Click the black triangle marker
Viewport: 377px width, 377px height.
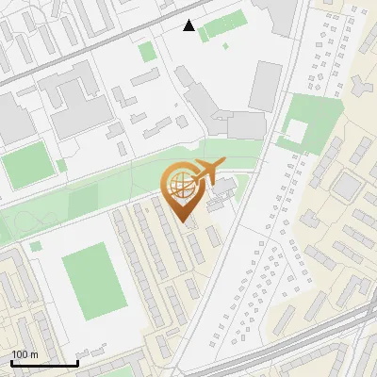tap(189, 25)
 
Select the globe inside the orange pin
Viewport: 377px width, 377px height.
tap(180, 187)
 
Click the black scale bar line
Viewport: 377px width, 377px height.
tap(43, 363)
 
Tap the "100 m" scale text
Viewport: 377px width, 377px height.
tap(25, 354)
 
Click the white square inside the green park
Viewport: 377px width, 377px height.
tap(296, 129)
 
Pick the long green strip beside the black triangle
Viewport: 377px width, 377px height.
tap(224, 25)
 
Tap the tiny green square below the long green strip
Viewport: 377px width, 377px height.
tap(225, 44)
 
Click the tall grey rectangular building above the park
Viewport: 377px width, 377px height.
tap(265, 86)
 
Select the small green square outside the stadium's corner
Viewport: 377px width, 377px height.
tap(36, 246)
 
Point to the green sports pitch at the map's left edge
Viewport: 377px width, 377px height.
tap(23, 166)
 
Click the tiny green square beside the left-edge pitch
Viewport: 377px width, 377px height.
tap(61, 165)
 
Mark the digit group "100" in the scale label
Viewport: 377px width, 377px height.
tap(19, 354)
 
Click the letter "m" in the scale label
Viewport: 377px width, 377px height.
tap(33, 355)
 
